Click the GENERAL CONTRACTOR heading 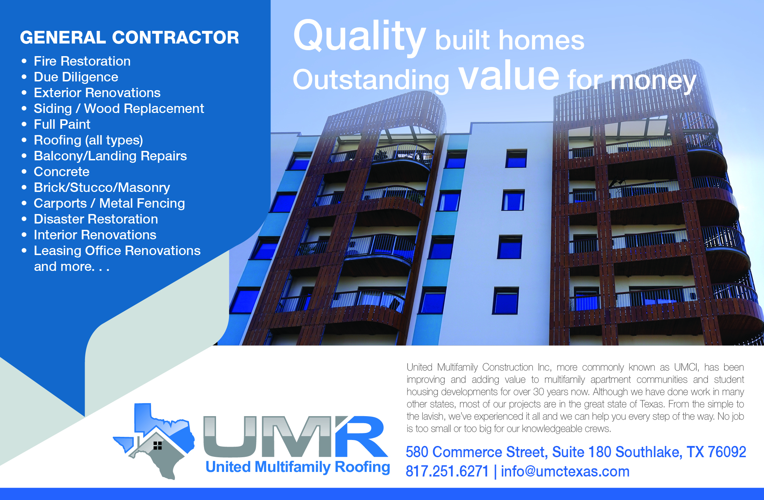[x=129, y=38]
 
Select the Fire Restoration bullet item [x=82, y=61]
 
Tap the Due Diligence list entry [x=76, y=77]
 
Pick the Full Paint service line [x=62, y=125]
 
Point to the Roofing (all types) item [x=88, y=140]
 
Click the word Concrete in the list [x=61, y=172]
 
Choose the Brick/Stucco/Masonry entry [x=102, y=188]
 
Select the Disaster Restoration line [x=96, y=219]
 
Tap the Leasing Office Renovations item [x=117, y=251]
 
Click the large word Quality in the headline [x=359, y=36]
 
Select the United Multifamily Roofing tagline [x=298, y=467]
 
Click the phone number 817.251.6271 [x=447, y=472]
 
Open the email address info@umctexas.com [x=565, y=472]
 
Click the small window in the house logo [x=158, y=445]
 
